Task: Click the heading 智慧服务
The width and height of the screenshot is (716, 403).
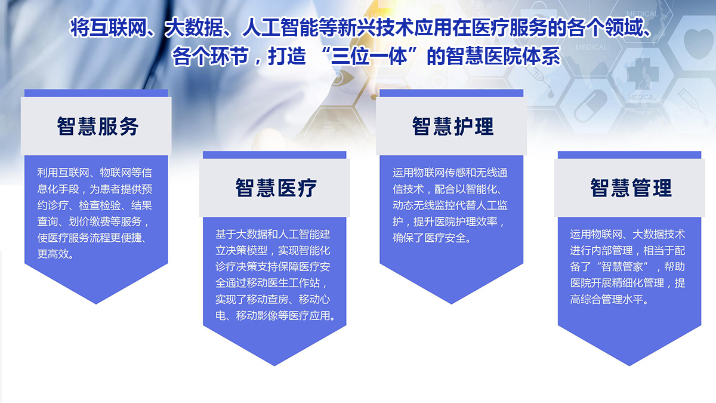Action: (97, 127)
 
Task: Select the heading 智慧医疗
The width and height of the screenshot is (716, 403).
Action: (276, 187)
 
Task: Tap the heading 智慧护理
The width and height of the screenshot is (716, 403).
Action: (453, 127)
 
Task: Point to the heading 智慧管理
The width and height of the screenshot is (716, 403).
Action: (631, 187)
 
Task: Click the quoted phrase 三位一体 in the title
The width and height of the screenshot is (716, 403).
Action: (369, 56)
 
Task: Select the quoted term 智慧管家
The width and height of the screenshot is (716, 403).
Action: (621, 267)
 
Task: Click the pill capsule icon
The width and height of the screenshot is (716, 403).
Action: (590, 106)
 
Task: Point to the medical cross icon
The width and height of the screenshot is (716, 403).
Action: (643, 74)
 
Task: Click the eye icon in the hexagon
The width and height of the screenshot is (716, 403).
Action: (342, 78)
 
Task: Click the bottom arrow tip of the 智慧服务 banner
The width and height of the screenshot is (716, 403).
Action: (96, 304)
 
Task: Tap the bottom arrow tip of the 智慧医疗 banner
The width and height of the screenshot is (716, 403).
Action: (274, 365)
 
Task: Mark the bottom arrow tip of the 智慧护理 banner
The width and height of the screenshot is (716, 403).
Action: (451, 304)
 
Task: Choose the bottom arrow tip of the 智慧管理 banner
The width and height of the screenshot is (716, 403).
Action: (629, 365)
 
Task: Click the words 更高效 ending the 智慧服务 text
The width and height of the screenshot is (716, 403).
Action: (53, 254)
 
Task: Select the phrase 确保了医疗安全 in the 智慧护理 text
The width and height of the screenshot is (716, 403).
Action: (429, 238)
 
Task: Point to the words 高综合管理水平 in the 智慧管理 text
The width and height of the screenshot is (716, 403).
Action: (606, 300)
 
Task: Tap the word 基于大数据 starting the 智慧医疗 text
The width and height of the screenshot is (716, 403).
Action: (241, 235)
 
